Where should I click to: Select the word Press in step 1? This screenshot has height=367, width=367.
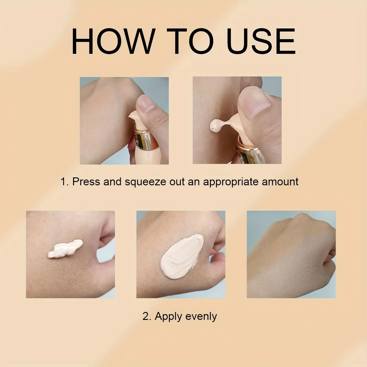[86, 182]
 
